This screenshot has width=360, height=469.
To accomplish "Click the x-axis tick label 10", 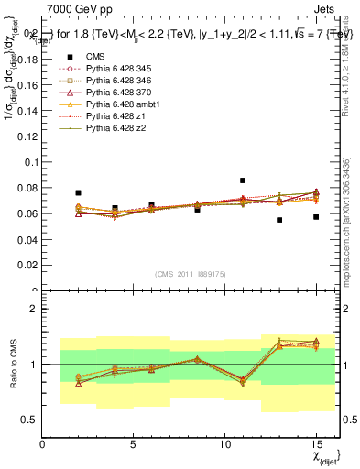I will pyautogui.click(x=224, y=443).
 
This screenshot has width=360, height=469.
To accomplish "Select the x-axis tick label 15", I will pyautogui.click(x=316, y=443).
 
